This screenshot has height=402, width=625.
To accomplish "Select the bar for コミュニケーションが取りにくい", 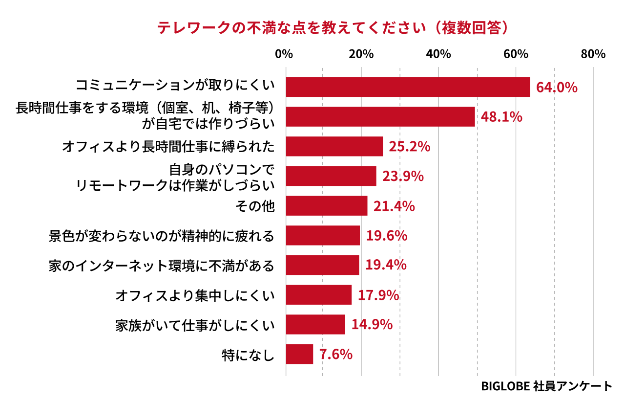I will coord(408,87).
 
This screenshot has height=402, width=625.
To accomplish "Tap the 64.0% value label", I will coord(557,88).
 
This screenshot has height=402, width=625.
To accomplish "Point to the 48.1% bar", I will coord(380,117).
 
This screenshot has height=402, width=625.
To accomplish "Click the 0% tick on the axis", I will coord(284,54).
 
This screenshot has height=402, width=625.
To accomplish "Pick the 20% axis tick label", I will coord(361,54).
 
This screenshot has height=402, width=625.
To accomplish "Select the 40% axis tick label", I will coord(438,54).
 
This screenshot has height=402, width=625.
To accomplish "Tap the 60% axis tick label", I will coord(516,54).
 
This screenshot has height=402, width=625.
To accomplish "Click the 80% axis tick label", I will coord(593,54).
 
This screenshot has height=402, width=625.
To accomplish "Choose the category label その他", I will coord(255,206).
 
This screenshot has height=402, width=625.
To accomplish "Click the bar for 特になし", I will coord(299,354).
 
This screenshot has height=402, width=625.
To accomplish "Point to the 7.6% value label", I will coord(336,354).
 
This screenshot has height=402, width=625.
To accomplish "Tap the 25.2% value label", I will coord(409,147).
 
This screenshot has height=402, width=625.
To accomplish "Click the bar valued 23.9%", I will coord(331,176).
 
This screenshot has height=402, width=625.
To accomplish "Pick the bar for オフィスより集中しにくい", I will coord(318,295).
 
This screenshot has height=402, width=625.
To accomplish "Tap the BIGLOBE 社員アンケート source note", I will coord(546,386).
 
